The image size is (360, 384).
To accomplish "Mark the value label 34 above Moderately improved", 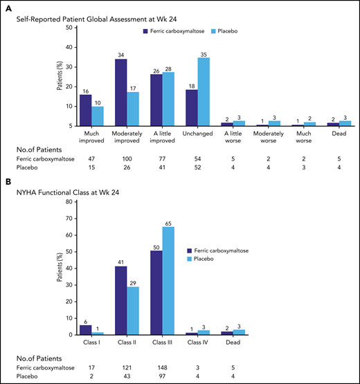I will coord(121,55).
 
